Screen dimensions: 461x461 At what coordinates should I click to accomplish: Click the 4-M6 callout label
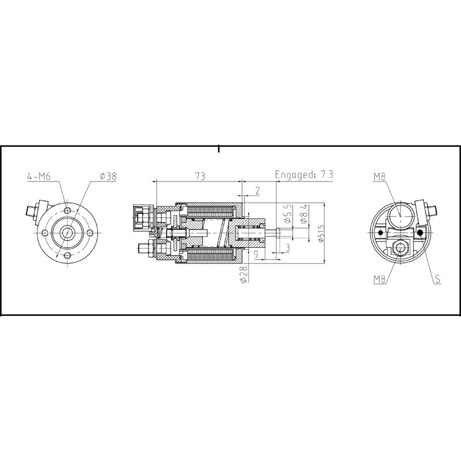click(x=39, y=176)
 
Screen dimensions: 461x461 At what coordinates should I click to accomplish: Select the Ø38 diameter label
click(x=108, y=176)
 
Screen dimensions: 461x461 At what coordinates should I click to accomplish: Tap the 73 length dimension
click(x=199, y=176)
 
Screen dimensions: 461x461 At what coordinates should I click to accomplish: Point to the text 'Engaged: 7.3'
click(x=305, y=175)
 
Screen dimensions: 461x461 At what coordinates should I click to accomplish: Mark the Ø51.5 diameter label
click(x=320, y=233)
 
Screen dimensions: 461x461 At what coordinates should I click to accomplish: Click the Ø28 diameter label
click(x=243, y=273)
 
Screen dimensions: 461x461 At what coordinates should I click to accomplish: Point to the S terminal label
click(x=438, y=279)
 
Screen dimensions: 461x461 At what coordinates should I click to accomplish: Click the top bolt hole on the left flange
click(x=68, y=211)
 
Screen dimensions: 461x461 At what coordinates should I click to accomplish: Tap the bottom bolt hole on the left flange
click(x=68, y=255)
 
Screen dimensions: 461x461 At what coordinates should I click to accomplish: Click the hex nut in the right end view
click(x=399, y=248)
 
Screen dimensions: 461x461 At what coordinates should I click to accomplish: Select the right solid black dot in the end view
click(x=421, y=233)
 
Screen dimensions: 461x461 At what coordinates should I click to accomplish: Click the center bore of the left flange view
click(x=68, y=233)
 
